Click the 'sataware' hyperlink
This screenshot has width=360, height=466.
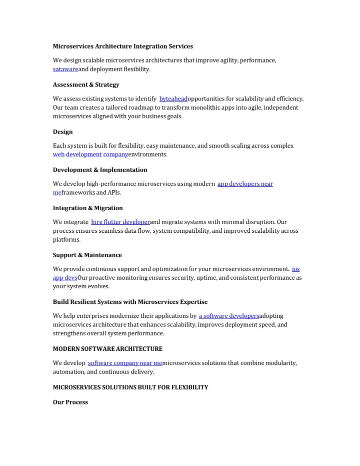[65, 69]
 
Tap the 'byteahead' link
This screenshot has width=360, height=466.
[173, 99]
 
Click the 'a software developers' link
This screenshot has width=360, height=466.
[229, 316]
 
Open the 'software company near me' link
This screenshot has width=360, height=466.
[125, 363]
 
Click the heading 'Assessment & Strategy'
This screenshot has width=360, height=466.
[86, 85]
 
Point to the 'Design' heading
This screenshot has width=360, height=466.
[63, 132]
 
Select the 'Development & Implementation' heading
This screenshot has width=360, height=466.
[100, 170]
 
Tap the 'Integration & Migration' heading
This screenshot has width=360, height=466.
[87, 208]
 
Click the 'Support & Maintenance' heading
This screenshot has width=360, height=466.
[87, 255]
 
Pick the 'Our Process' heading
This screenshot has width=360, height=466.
[70, 402]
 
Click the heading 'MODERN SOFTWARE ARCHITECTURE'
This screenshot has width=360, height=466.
[107, 348]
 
